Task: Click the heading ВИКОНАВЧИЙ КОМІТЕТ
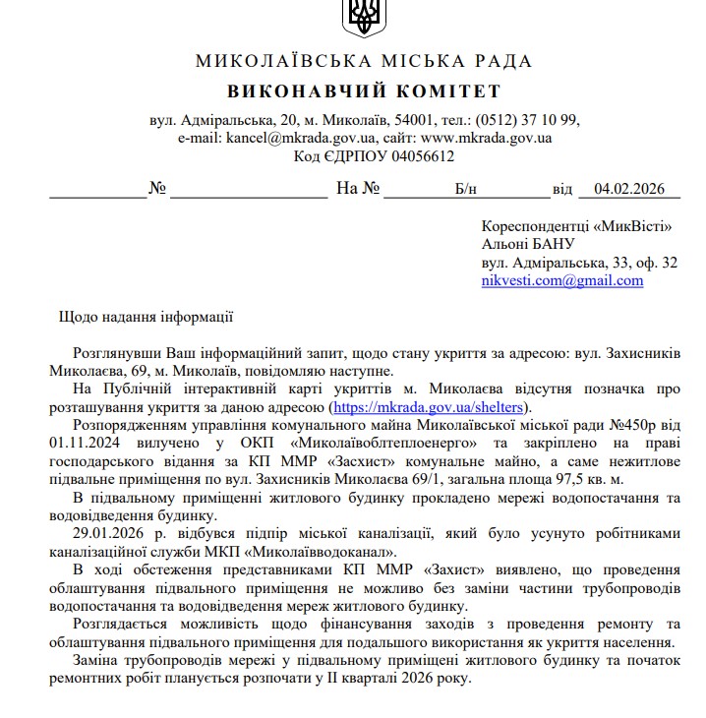tap(364, 91)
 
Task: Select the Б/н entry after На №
tap(465, 189)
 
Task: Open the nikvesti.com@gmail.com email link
tap(562, 280)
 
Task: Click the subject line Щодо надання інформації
tap(146, 317)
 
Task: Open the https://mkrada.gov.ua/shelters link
tap(430, 407)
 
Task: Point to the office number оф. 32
tap(655, 263)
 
